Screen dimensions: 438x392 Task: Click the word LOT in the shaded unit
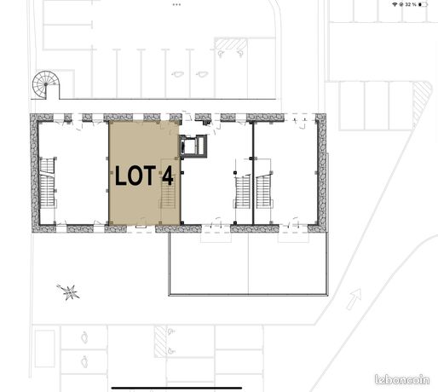tap(135, 176)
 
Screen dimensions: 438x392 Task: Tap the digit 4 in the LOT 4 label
tap(168, 176)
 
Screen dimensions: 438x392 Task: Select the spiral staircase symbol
tap(45, 85)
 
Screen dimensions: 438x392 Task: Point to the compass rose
tap(68, 291)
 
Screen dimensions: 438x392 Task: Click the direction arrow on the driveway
tap(354, 298)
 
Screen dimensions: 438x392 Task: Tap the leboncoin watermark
tap(402, 379)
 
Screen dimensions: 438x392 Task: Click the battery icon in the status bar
tap(423, 4)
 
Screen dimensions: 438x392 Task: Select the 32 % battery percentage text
tap(411, 4)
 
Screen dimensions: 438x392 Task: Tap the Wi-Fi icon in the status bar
tap(395, 4)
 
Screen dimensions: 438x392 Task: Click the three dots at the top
tap(176, 4)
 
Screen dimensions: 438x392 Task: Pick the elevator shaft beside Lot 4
tap(193, 146)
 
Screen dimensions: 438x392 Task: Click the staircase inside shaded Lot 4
tap(168, 194)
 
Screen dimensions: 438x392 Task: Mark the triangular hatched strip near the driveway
tap(422, 102)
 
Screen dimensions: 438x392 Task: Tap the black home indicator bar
tap(176, 388)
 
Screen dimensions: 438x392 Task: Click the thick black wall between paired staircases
tap(253, 173)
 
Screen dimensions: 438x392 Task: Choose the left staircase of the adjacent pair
tap(243, 192)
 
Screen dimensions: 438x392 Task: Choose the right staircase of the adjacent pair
tap(263, 192)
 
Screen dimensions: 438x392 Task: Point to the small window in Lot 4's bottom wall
tap(141, 227)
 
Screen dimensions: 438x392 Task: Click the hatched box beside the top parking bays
tap(230, 44)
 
